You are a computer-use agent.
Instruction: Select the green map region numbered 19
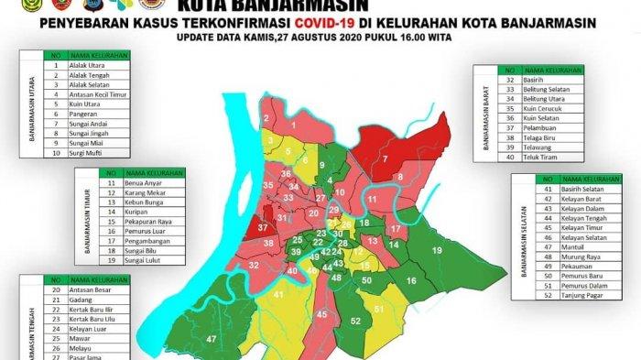point(437,250)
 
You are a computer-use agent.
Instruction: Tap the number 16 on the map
point(411,281)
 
